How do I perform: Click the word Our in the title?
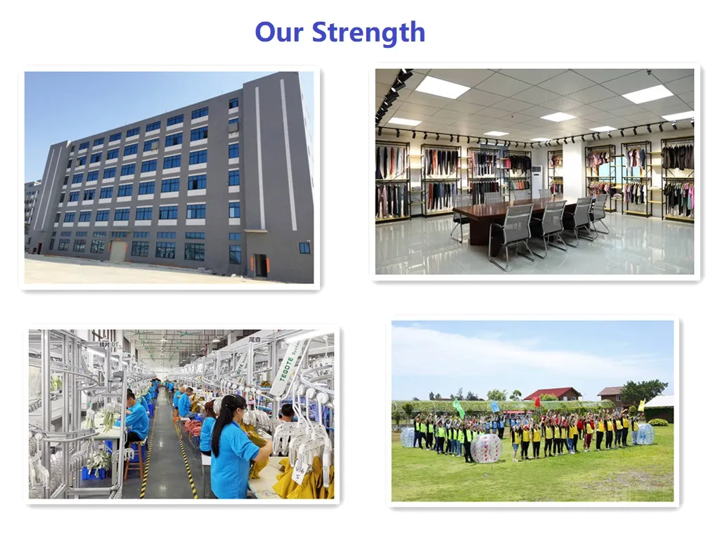coord(279,32)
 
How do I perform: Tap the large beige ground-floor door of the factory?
coord(118,251)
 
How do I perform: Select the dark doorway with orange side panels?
coord(260,265)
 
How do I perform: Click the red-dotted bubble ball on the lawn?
coord(486,448)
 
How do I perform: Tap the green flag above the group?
coord(458,407)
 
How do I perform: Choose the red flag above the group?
coord(537,401)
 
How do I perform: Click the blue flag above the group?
coord(494,406)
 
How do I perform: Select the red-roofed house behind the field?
coord(553,394)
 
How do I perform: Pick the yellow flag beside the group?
coord(641,406)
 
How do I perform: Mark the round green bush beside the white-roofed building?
coord(658,422)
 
